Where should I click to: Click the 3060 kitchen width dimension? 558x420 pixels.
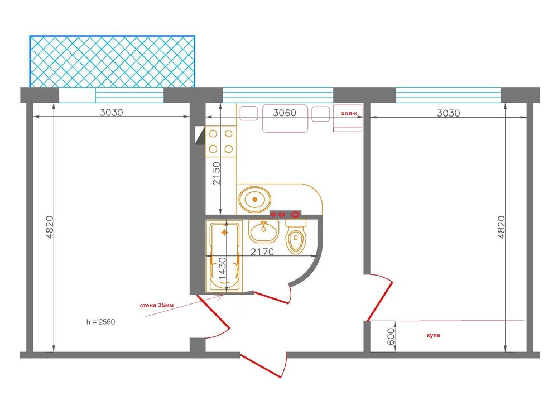click(285, 113)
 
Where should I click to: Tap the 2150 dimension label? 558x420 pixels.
click(217, 173)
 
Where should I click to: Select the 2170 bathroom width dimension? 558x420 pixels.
click(262, 252)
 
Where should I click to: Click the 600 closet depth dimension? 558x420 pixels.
click(391, 336)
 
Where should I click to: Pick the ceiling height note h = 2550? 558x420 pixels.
click(100, 322)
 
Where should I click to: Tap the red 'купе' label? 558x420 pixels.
click(434, 335)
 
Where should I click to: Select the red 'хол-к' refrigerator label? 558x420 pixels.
click(349, 113)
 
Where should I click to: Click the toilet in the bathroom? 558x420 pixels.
click(296, 236)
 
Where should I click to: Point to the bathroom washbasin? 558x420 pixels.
click(263, 231)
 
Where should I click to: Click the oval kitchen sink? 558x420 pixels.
click(254, 200)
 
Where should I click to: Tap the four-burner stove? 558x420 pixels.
click(220, 141)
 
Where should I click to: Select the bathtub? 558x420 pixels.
click(224, 257)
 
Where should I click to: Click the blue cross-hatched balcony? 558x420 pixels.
click(112, 61)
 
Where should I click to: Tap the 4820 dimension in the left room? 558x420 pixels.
click(50, 227)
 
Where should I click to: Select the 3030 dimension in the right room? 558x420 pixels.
click(449, 113)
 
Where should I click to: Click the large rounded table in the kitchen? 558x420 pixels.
click(285, 118)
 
